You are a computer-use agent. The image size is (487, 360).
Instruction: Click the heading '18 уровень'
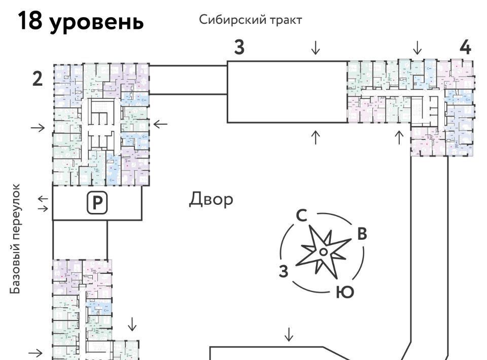coord(81,22)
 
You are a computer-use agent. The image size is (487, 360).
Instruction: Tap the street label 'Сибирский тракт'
coord(251,20)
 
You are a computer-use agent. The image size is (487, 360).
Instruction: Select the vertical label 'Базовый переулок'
coord(17,239)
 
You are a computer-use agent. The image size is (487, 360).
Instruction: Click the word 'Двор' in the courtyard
coord(212,199)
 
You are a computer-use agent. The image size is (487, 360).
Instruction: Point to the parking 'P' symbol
coord(96,203)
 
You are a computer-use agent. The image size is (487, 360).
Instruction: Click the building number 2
coord(38,80)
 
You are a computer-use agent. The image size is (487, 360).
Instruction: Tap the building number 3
coord(239,47)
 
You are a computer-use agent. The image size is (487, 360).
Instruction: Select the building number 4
coord(465,47)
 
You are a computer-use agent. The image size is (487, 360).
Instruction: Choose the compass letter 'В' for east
coord(362,234)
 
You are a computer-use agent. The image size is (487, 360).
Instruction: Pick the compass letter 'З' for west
coord(284,271)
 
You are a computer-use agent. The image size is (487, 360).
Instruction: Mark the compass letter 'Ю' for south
coord(344,292)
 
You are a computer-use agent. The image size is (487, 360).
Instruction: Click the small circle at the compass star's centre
coord(323,251)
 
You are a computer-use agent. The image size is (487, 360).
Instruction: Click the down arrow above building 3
coord(316,48)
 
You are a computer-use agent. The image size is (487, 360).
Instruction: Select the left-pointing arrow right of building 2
coord(160,123)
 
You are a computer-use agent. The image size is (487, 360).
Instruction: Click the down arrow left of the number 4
coord(417,48)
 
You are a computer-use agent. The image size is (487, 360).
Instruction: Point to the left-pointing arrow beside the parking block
coord(43,198)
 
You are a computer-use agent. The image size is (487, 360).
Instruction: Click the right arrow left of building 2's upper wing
coord(38,127)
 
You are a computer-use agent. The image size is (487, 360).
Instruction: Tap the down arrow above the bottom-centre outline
coord(289,335)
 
